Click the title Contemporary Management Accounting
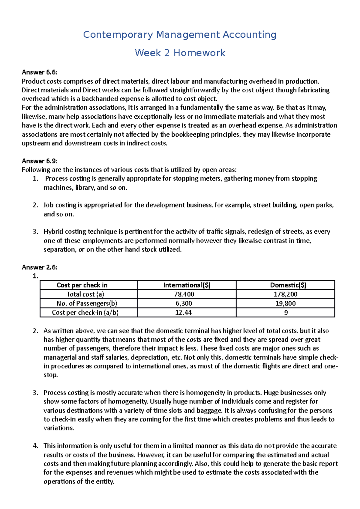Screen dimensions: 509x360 (180, 35)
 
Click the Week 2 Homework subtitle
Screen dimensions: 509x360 (180, 53)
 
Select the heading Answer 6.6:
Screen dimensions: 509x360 (39, 72)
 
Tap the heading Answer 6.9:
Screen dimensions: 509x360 (39, 161)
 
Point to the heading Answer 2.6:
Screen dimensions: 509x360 (39, 267)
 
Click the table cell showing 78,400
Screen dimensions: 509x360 (184, 294)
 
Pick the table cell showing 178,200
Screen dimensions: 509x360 (285, 294)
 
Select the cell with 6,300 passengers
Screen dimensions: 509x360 (184, 303)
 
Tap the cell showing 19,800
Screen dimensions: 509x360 (285, 303)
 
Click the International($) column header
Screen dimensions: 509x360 (187, 285)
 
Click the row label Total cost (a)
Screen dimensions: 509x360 (85, 294)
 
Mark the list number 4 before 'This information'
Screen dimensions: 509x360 (35, 446)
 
